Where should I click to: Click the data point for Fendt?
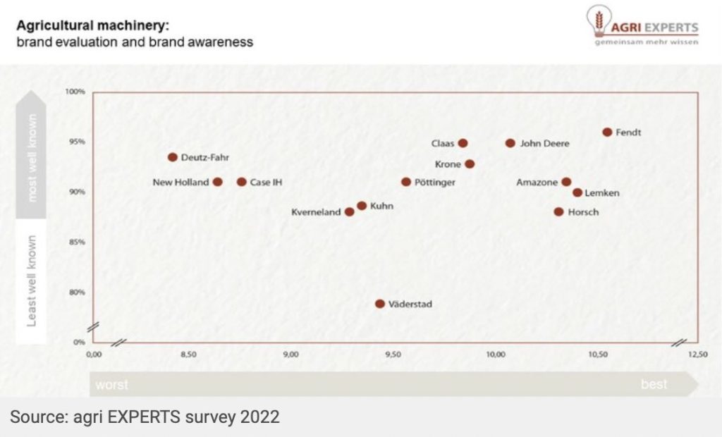(607, 132)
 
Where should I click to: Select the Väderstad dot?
(380, 304)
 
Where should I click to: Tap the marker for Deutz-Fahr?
(173, 157)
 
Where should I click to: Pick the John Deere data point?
(510, 143)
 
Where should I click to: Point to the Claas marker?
(463, 143)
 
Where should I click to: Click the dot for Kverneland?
(349, 212)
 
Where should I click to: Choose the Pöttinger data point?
(406, 182)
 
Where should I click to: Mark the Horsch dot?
(559, 212)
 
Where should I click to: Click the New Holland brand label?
(180, 183)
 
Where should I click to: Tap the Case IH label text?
(267, 183)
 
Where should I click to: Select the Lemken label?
(602, 193)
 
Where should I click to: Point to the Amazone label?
(537, 183)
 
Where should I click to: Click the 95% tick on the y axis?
(75, 142)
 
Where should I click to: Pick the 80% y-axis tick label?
(75, 293)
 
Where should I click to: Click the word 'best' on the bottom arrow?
(654, 385)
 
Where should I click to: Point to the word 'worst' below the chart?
(111, 385)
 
